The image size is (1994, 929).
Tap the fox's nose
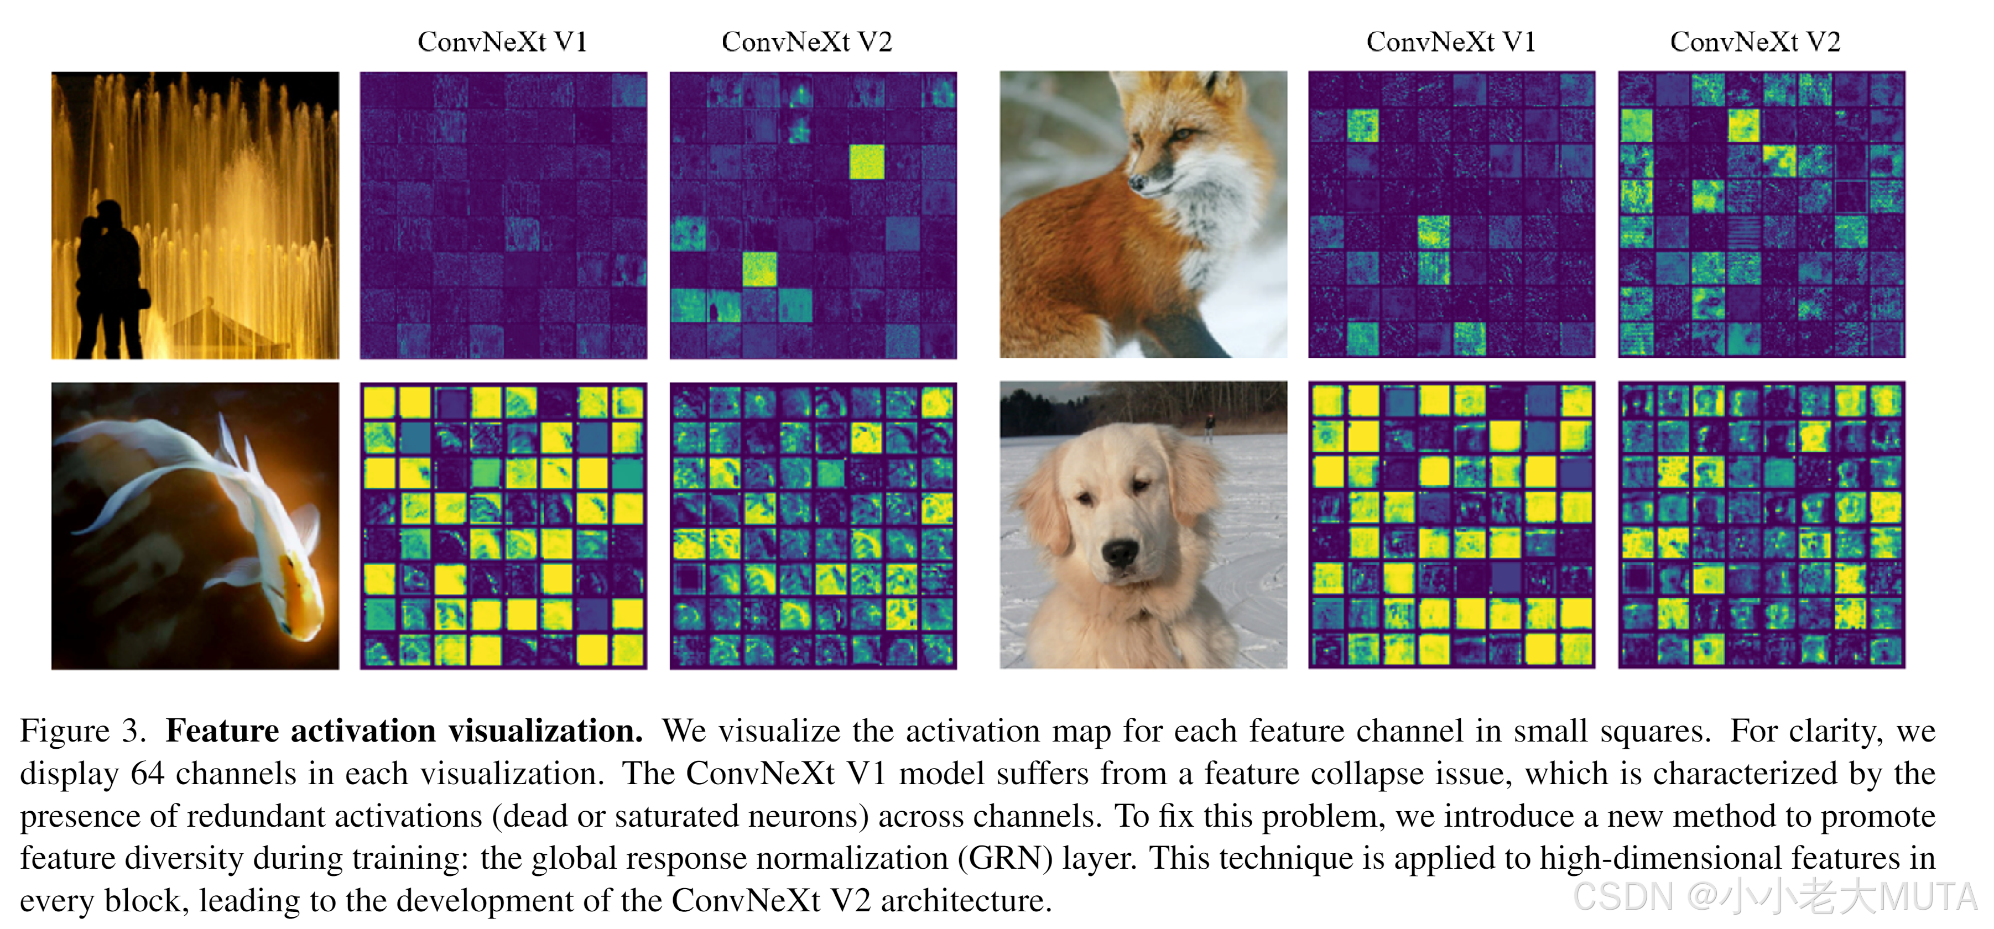(1136, 182)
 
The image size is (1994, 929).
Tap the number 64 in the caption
(147, 774)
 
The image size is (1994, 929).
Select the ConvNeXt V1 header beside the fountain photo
(502, 42)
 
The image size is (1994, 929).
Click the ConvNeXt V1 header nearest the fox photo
(1451, 42)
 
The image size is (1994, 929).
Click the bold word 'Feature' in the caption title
(222, 731)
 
